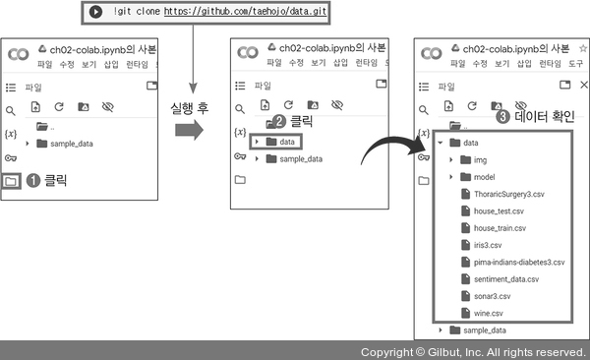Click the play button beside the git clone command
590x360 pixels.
[95, 12]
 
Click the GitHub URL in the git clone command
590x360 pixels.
[245, 11]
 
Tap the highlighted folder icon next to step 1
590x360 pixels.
[11, 182]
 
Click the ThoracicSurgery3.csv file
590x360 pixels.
[502, 194]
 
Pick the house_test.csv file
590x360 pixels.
[493, 210]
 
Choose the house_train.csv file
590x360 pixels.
[494, 228]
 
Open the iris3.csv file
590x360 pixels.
[481, 245]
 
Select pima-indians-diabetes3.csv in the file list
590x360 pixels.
[513, 262]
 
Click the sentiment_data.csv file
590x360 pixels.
[500, 279]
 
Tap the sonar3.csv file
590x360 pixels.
[486, 296]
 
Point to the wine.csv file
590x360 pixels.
[482, 313]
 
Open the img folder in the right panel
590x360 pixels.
[473, 160]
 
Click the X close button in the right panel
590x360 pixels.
[583, 85]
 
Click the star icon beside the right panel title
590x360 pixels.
[583, 48]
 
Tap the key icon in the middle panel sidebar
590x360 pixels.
[240, 155]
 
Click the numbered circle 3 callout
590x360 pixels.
[502, 116]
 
